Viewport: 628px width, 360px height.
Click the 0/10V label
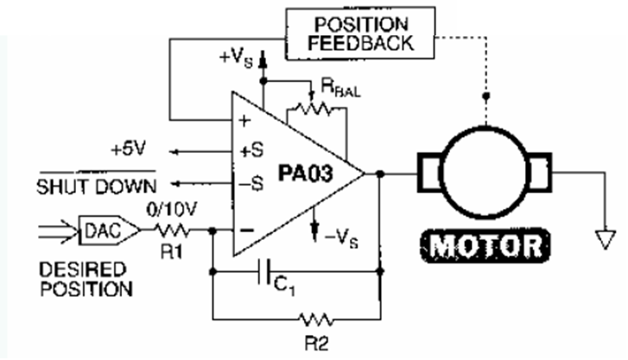click(x=173, y=208)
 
